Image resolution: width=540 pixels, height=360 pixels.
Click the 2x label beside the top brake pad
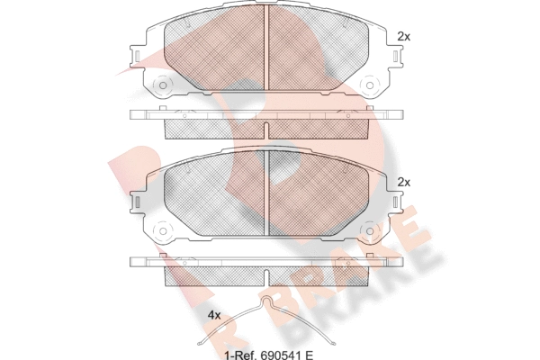point(403,37)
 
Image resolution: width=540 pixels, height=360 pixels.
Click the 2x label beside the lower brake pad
point(403,182)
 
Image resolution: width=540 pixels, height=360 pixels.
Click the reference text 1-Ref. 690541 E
point(268,355)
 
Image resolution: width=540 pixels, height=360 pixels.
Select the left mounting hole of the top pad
point(163,85)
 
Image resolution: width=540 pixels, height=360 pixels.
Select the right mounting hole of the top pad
point(370,85)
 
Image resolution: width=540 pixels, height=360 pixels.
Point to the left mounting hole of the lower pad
point(163,230)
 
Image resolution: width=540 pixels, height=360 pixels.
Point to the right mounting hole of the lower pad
point(370,230)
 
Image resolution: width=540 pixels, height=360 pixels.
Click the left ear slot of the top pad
point(137,56)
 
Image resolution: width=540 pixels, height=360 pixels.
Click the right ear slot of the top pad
point(396,56)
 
